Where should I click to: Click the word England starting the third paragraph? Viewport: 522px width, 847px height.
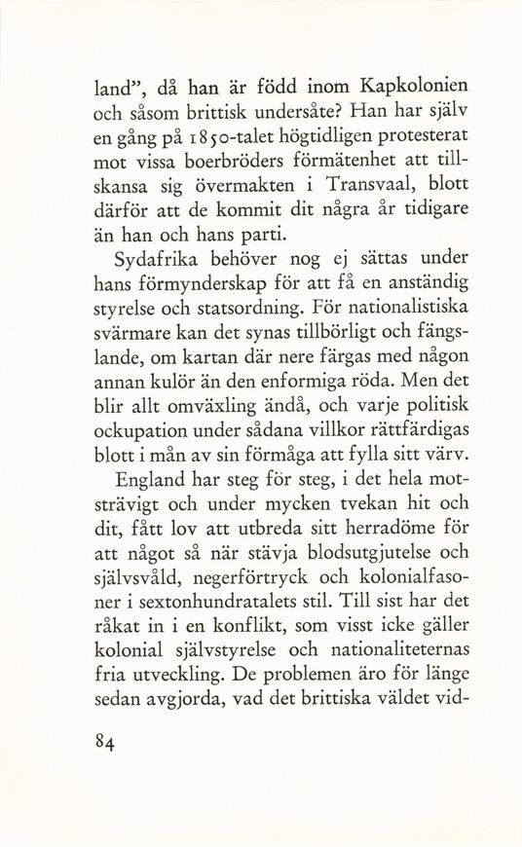click(153, 480)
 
